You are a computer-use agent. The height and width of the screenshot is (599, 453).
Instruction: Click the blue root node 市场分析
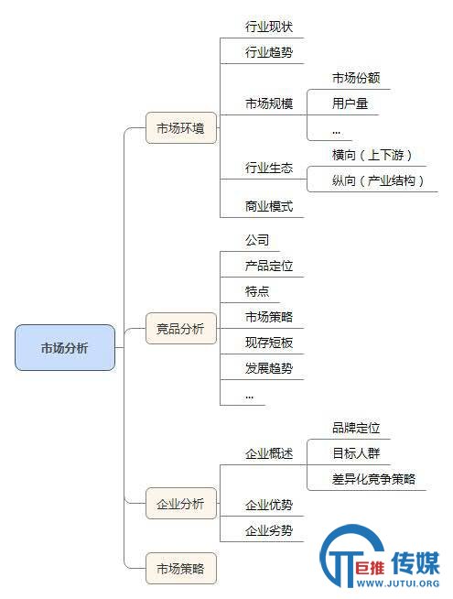65,348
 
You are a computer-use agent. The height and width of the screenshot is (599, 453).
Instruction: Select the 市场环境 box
181,128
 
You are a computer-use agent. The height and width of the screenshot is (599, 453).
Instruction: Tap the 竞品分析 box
181,329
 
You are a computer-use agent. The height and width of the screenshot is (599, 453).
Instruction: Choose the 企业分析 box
181,504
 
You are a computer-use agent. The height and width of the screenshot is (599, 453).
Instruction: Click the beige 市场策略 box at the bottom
181,569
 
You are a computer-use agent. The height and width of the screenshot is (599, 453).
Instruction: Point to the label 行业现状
269,27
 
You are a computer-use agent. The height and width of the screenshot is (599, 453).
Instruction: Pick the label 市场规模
269,103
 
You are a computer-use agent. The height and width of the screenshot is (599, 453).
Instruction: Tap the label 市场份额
356,78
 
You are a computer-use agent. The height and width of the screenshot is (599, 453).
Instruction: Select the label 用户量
350,103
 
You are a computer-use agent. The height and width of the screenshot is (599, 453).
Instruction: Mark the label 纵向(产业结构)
378,180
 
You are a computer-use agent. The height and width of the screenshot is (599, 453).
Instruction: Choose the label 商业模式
269,206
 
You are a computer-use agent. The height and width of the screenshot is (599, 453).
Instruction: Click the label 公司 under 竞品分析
257,240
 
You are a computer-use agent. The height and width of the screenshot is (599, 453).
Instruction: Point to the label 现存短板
269,343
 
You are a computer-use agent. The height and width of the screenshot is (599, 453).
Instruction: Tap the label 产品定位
269,266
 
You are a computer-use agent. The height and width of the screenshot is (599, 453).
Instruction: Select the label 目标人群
356,453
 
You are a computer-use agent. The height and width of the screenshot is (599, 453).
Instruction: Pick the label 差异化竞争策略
374,479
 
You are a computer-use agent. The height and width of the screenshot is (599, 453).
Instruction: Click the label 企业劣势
269,530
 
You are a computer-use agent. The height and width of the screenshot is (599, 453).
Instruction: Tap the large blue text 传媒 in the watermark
416,562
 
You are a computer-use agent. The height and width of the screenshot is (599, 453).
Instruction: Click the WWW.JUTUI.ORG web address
398,583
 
